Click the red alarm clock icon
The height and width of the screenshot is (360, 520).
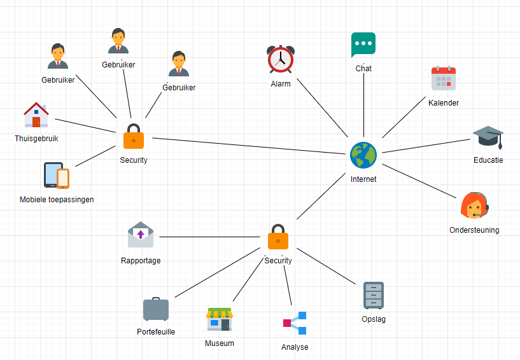(280, 59)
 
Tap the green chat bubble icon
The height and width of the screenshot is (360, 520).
(363, 45)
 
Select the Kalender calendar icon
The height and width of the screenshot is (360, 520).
(444, 78)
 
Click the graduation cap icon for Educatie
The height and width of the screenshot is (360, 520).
(488, 137)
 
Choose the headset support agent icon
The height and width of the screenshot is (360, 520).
(474, 206)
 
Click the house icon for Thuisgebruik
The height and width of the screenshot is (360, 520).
(36, 115)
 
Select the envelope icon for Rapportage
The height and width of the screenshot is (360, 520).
(141, 235)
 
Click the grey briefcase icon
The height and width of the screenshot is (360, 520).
(156, 309)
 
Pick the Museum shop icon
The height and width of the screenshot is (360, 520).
(219, 319)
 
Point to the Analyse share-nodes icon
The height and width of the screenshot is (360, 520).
(295, 323)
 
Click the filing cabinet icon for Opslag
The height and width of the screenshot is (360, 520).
(374, 295)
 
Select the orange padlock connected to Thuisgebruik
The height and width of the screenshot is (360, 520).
(133, 136)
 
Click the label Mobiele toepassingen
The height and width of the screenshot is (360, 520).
(57, 200)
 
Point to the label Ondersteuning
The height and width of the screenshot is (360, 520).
(474, 230)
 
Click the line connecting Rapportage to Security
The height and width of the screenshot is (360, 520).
(210, 237)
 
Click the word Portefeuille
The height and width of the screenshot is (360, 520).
(156, 332)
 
